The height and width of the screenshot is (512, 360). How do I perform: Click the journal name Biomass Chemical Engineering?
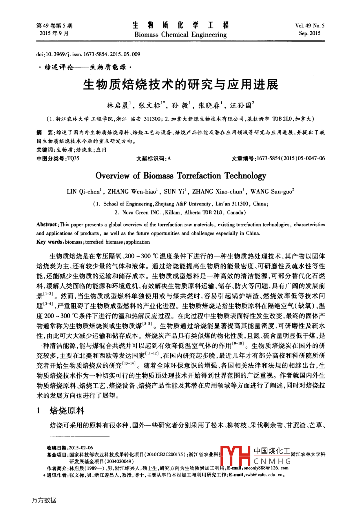(180, 35)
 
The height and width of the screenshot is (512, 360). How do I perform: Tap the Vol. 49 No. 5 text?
(309, 25)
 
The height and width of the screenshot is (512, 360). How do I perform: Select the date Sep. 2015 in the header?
(309, 33)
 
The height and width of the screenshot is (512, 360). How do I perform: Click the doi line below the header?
(88, 54)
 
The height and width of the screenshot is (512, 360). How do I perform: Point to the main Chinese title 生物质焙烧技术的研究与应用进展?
(180, 84)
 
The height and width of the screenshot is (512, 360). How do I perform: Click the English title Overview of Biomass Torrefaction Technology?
(181, 176)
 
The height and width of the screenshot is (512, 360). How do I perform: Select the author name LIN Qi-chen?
(83, 192)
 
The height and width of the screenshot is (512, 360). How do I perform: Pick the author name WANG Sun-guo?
(271, 192)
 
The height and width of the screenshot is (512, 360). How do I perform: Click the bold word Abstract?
(47, 224)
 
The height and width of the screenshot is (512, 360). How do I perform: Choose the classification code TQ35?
(73, 159)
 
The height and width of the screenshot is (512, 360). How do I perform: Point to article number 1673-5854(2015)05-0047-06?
(291, 159)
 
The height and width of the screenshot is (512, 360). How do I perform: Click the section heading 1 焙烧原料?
(61, 411)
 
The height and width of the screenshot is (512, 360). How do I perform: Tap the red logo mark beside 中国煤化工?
(235, 456)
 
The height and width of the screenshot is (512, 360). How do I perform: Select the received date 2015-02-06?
(81, 448)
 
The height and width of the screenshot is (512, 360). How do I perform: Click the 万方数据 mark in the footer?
(44, 500)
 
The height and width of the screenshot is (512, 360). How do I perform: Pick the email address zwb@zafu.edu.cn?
(265, 475)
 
